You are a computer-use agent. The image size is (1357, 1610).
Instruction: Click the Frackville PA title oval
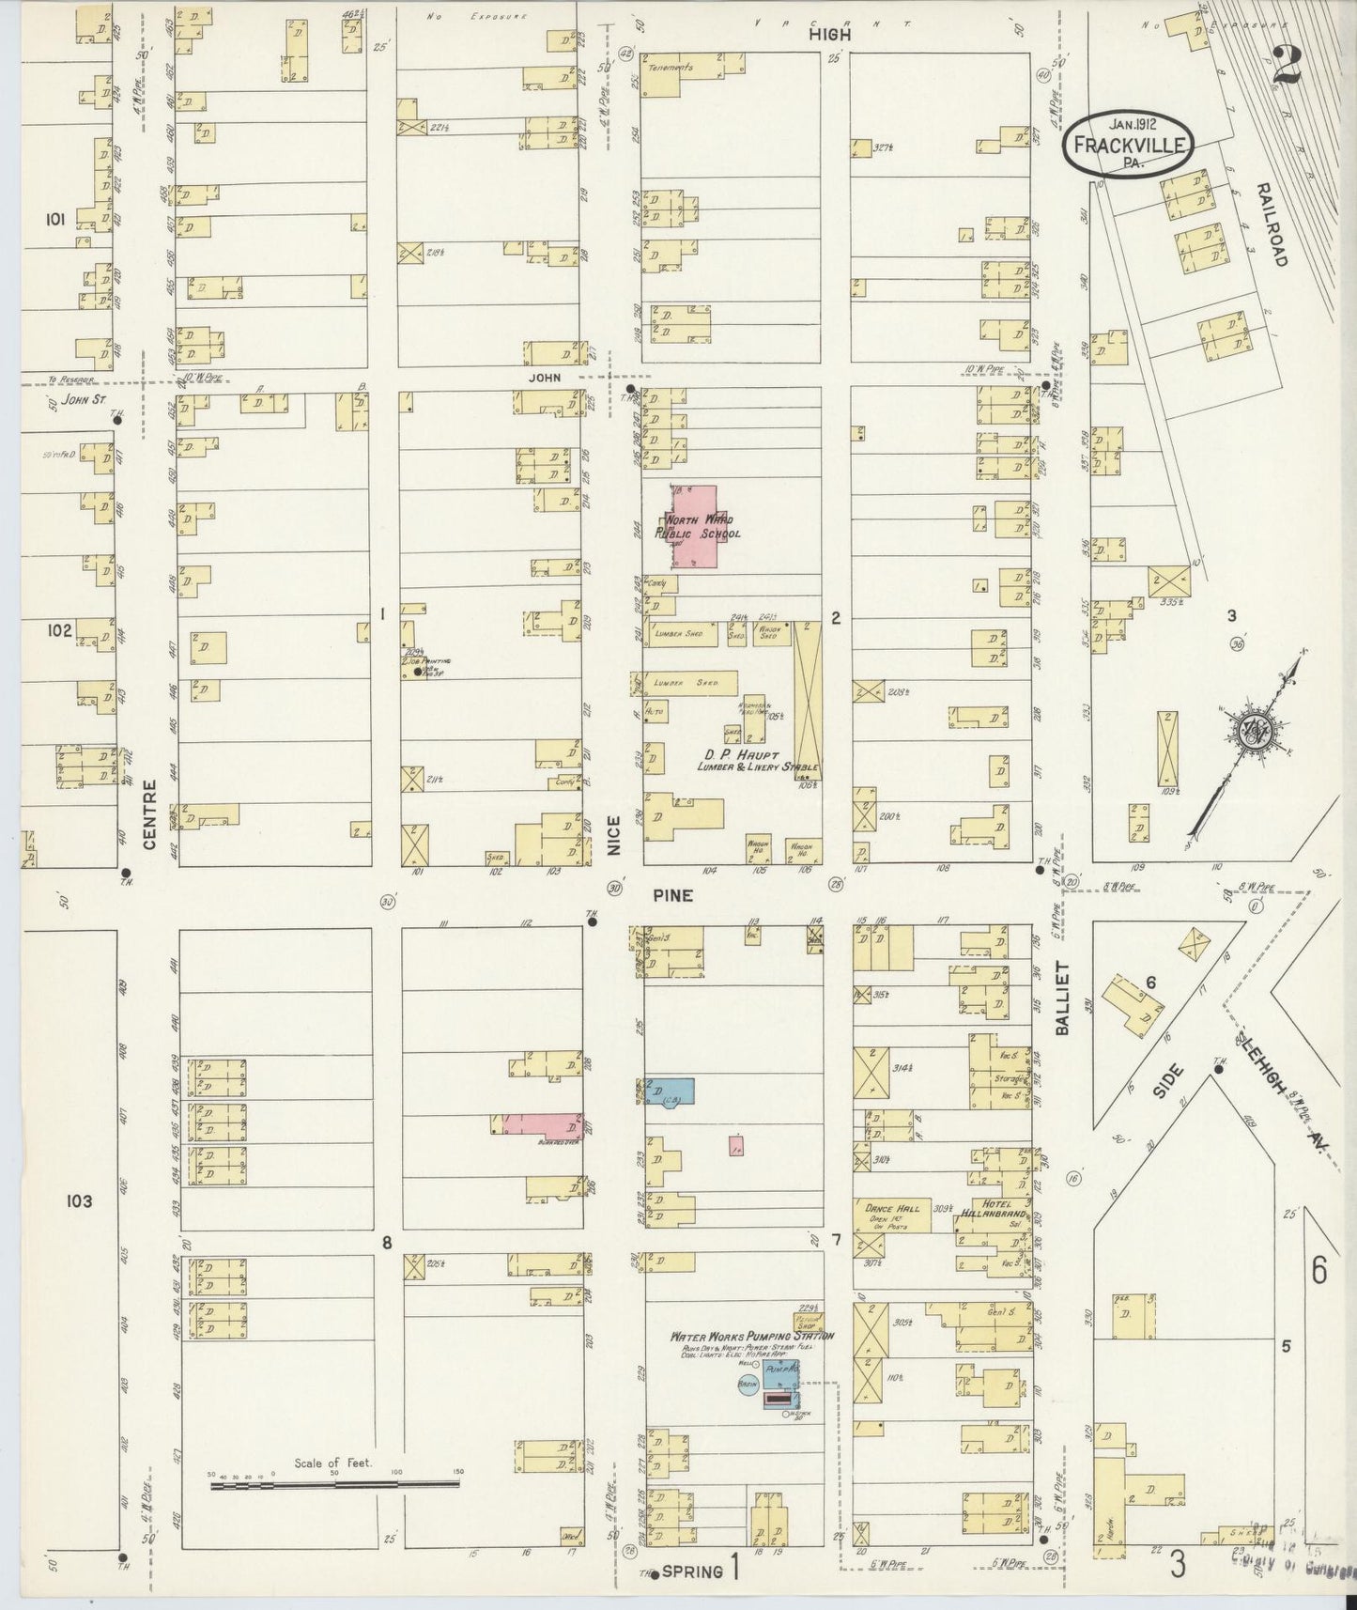click(x=1131, y=143)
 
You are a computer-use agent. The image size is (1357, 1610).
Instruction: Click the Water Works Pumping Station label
click(x=751, y=1336)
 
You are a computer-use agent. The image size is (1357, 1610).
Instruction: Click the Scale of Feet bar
click(x=333, y=1484)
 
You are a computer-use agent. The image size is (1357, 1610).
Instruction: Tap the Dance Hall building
click(x=887, y=1214)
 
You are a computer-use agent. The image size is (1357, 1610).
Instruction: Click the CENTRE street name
click(x=149, y=813)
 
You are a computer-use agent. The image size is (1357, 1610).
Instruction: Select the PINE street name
click(x=674, y=895)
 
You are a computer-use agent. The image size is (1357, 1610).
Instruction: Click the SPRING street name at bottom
click(x=695, y=1571)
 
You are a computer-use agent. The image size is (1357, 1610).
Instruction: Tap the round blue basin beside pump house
click(x=748, y=1385)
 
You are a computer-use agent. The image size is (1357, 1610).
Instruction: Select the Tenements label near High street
click(x=676, y=68)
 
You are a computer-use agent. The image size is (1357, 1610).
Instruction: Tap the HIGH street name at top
click(x=831, y=34)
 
